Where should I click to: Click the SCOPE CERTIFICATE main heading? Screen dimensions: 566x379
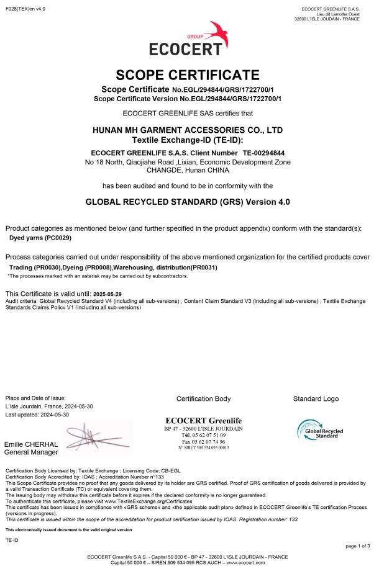click(188, 75)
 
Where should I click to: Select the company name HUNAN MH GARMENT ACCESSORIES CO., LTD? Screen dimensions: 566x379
click(188, 130)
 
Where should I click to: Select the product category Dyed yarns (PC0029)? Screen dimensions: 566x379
click(40, 238)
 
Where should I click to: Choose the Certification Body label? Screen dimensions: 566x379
click(203, 398)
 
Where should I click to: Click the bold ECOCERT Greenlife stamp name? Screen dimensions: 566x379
click(203, 420)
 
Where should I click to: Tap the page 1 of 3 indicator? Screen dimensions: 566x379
click(358, 545)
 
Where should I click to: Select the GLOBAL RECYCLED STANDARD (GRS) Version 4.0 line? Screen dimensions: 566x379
click(188, 202)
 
